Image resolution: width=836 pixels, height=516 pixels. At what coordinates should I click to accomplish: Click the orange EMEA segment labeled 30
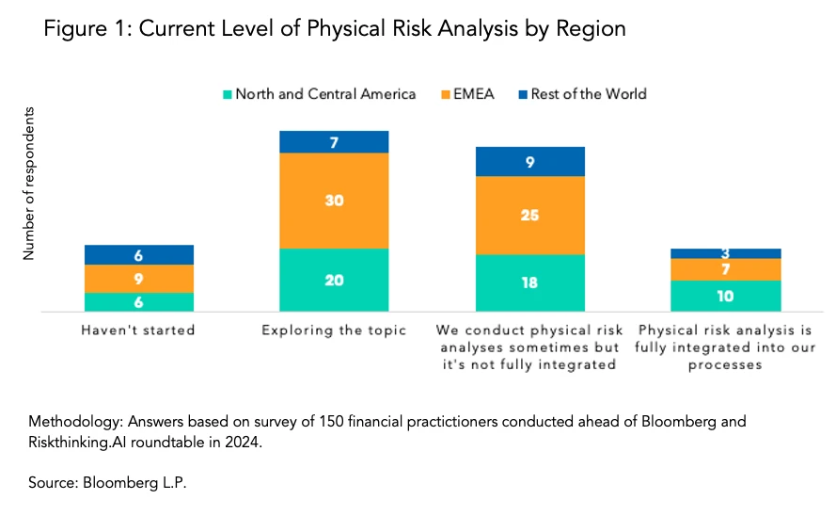tap(334, 201)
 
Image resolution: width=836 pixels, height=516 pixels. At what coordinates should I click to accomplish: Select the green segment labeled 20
tap(334, 280)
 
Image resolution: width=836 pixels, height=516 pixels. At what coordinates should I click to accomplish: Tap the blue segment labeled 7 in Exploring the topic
tap(334, 142)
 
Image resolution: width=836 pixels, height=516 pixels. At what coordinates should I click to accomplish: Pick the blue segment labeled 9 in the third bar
tap(530, 162)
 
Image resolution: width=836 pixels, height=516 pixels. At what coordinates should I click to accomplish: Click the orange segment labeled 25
tap(530, 216)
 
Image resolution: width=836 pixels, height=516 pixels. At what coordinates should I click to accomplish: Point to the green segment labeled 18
tap(530, 282)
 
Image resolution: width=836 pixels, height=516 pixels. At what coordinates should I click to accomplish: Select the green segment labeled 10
tap(726, 296)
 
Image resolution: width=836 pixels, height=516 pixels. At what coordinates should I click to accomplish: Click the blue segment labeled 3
tap(726, 253)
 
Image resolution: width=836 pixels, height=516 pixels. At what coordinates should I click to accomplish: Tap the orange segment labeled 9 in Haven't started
tap(139, 279)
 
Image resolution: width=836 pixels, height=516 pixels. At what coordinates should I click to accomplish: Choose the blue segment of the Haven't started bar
tap(139, 255)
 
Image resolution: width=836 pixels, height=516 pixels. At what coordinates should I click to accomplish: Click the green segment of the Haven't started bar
tap(139, 301)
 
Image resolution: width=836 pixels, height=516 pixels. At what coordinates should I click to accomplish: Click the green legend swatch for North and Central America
tap(227, 94)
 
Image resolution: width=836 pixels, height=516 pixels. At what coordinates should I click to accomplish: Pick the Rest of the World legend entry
tap(589, 94)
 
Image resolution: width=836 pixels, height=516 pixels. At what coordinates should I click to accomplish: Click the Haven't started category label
tap(138, 331)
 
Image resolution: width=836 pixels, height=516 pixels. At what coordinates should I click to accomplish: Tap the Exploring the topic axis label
tap(334, 331)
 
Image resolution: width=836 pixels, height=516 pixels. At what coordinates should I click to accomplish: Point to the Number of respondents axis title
tap(29, 185)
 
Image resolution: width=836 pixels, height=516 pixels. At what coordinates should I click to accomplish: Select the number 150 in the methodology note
tap(268, 421)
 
